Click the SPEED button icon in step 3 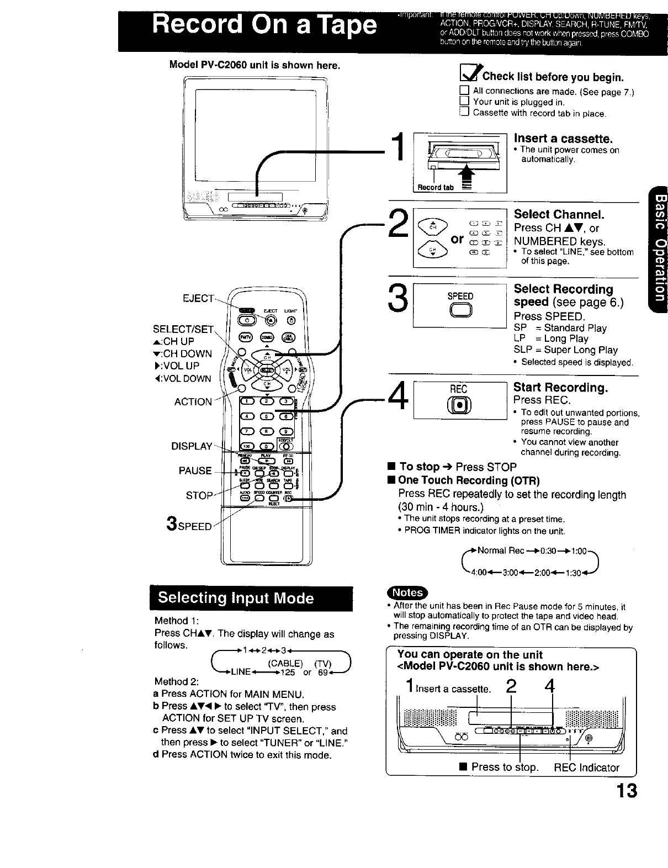tap(460, 312)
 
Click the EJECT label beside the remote tap(197, 299)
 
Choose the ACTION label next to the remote tap(193, 402)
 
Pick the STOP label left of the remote tap(199, 495)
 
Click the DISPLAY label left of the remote tap(191, 446)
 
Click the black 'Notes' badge tap(407, 592)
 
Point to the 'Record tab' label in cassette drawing tap(435, 187)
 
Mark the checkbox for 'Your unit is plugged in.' tap(464, 102)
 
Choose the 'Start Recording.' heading tap(560, 387)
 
